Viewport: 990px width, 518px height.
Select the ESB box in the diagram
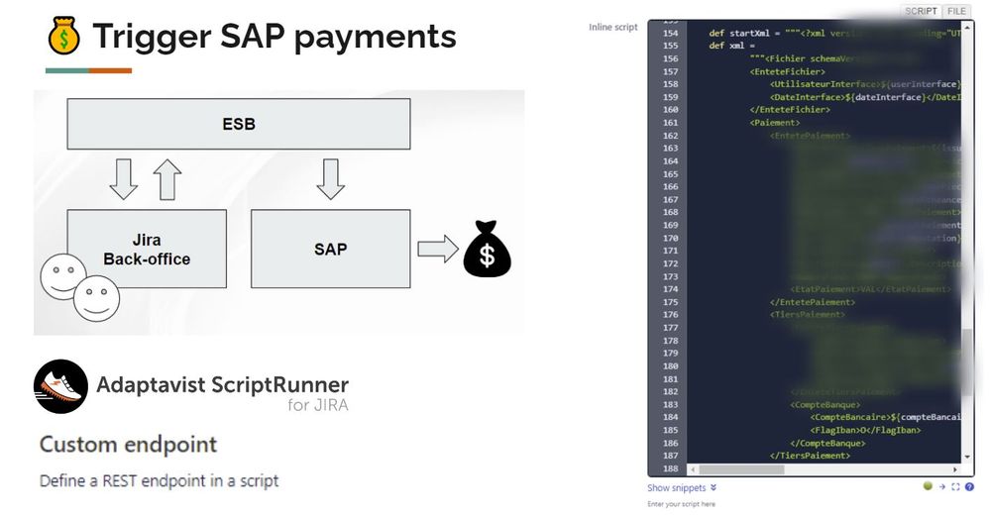(x=239, y=125)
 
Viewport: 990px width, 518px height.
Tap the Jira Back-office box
(x=147, y=250)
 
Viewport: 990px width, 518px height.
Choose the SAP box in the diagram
(x=330, y=249)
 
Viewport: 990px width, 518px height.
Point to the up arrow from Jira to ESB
(x=167, y=179)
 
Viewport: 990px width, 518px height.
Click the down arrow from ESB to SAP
(x=330, y=179)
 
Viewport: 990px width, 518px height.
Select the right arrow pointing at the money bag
(x=437, y=249)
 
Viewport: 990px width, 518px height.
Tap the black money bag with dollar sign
(x=488, y=250)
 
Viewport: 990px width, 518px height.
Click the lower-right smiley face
(x=96, y=297)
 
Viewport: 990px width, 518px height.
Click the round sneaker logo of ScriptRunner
(x=60, y=386)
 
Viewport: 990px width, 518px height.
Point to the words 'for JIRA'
(x=317, y=405)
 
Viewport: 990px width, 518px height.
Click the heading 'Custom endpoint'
(x=128, y=444)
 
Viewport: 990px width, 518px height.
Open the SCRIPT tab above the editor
(x=921, y=11)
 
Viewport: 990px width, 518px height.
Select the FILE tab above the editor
(x=956, y=11)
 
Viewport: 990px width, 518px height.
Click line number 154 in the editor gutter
(x=670, y=33)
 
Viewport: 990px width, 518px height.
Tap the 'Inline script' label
(x=613, y=27)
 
